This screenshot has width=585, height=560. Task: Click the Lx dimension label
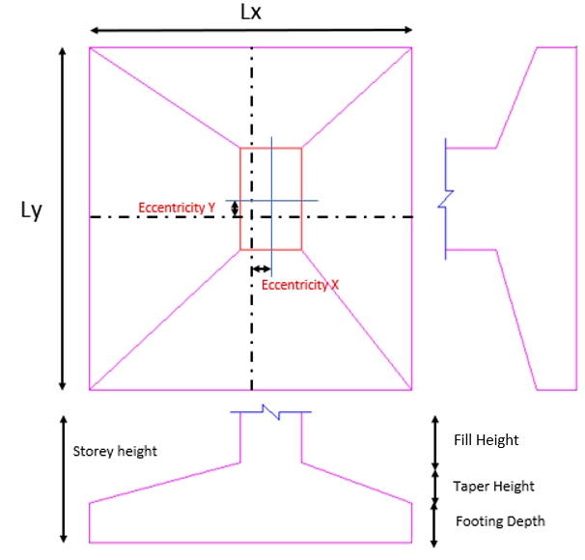point(252,14)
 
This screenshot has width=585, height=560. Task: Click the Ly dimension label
point(32,210)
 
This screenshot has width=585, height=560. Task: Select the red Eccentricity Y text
point(177,207)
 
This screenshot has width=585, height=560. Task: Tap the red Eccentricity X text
point(300,285)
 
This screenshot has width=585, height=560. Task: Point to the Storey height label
point(115,451)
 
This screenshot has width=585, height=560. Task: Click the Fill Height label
point(486,440)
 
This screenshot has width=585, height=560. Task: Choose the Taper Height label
point(492,487)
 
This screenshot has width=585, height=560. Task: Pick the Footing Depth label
point(499,521)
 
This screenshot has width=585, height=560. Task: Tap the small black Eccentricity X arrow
point(262,269)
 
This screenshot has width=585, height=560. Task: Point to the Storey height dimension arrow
point(63,479)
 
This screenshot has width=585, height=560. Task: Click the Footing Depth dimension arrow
point(435,521)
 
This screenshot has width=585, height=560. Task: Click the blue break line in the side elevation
point(445,200)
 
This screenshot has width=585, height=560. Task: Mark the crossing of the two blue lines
point(271,201)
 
